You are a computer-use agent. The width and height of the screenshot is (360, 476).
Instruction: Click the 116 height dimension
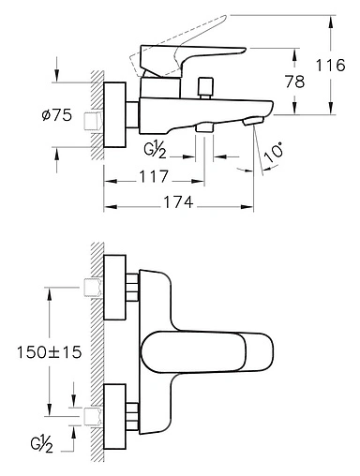331,66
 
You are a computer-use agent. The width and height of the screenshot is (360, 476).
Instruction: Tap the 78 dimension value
294,82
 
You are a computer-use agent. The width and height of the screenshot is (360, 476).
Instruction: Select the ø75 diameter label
56,115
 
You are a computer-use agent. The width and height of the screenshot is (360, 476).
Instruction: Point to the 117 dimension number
154,176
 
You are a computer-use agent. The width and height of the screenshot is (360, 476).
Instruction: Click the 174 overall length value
179,202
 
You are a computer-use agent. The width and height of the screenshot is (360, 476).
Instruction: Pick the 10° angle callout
274,153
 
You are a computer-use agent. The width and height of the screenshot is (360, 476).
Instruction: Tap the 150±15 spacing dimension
49,352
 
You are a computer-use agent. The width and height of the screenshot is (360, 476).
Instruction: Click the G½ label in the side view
155,151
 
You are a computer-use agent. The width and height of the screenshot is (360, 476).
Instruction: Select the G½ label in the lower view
41,444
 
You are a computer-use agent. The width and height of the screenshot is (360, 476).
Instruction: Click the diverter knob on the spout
205,88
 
